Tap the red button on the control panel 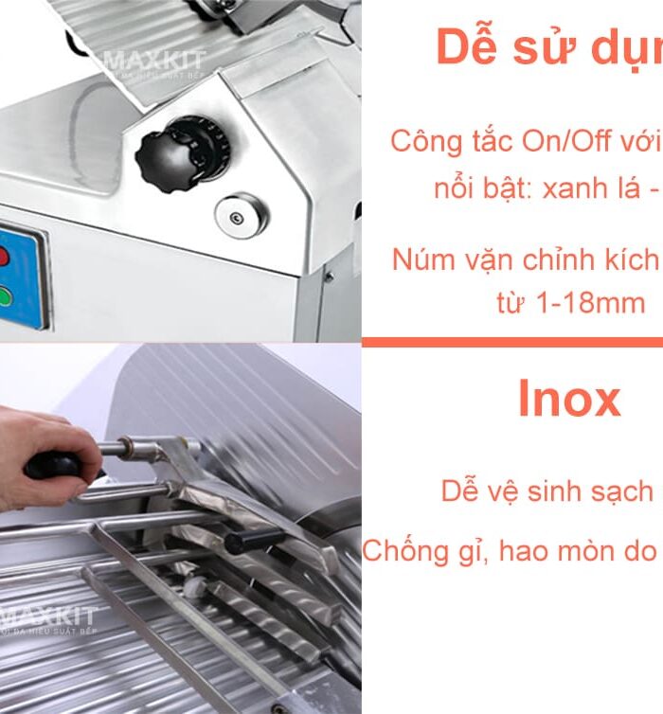coord(3,257)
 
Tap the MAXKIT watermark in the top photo coord(154,63)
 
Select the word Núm coord(422,259)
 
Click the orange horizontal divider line coord(511,342)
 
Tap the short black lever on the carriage coord(252,541)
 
